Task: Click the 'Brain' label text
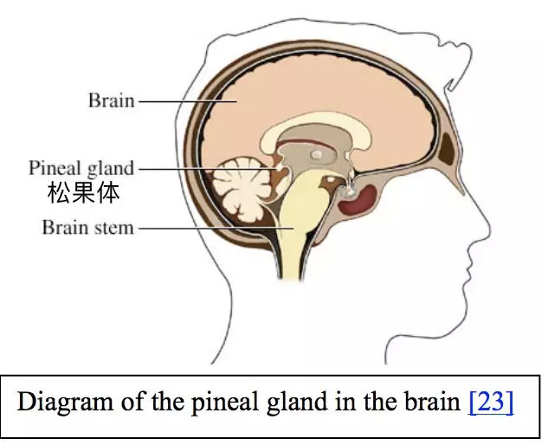(112, 100)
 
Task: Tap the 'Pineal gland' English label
(81, 168)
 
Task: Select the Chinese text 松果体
(84, 192)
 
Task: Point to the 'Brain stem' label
(87, 228)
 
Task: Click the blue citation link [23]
(491, 401)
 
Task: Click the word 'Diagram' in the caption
(65, 402)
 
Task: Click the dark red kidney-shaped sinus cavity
(358, 200)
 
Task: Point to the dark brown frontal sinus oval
(448, 149)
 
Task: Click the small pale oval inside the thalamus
(316, 154)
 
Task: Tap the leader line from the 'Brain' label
(187, 101)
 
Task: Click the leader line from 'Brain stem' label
(216, 229)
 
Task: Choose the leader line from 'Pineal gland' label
(208, 169)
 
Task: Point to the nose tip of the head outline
(490, 231)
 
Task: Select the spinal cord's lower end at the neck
(291, 277)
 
